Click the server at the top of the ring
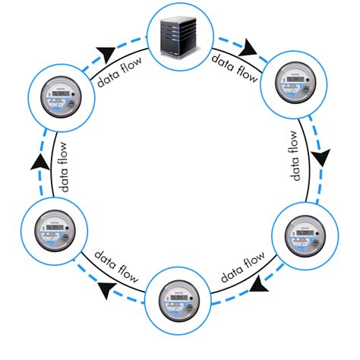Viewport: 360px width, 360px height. [x=179, y=35]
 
